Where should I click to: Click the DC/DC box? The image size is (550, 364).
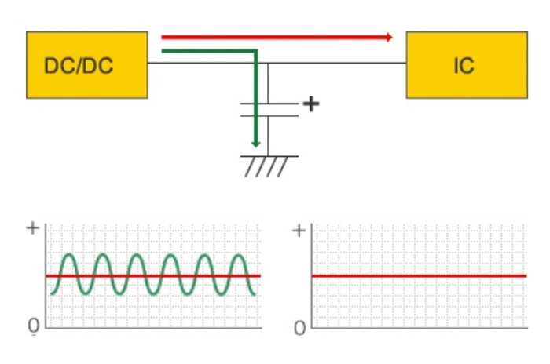86,65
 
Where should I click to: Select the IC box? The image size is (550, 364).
466,65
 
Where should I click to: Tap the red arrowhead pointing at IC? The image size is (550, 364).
388,37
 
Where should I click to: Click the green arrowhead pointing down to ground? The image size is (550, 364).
255,143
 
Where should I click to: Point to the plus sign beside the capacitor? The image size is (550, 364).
311,104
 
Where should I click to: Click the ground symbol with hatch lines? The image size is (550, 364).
267,165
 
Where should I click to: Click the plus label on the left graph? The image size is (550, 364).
32,228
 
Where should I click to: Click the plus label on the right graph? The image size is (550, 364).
299,231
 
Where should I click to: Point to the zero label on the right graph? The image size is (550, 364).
299,327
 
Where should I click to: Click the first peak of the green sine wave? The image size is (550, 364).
68,255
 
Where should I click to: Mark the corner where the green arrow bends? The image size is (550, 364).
255,52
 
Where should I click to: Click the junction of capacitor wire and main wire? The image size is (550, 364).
269,63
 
